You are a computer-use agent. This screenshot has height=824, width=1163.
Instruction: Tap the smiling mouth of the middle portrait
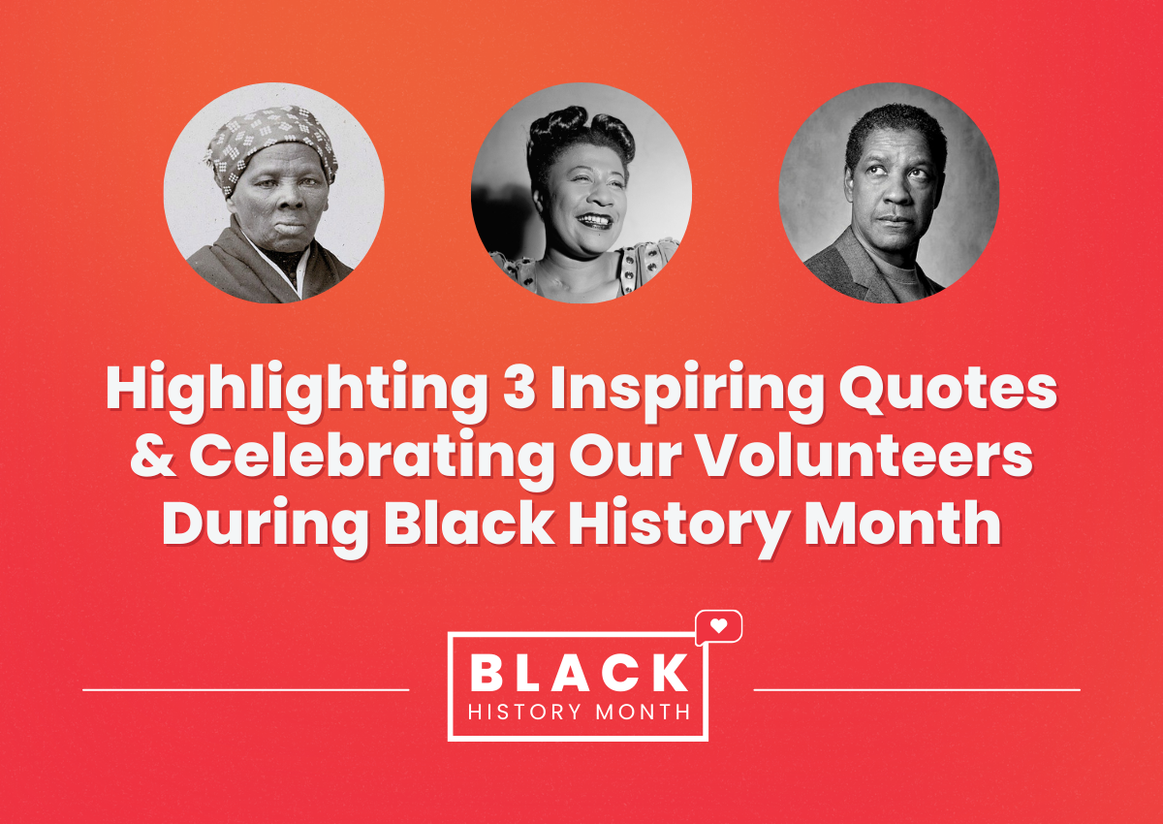pos(595,220)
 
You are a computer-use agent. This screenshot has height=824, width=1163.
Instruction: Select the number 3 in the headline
pos(519,389)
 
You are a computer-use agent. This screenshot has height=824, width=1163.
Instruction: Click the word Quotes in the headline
pos(948,390)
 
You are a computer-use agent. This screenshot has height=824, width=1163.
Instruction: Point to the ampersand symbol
pos(153,456)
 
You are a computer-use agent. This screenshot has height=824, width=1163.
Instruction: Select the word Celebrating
pos(372,459)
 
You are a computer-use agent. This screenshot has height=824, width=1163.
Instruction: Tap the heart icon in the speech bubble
pos(718,626)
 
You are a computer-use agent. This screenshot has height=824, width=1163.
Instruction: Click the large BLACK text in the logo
pos(580,673)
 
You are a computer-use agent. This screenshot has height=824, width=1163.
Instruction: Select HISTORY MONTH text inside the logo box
pos(580,712)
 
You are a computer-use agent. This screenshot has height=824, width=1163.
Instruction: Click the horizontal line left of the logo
pos(246,690)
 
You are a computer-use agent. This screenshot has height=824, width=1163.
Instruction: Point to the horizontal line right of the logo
pos(917,690)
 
